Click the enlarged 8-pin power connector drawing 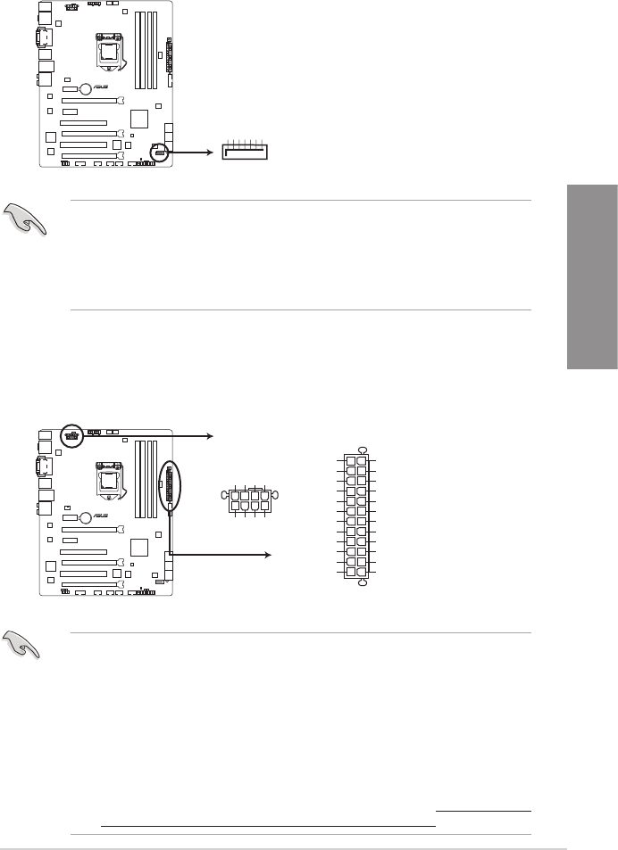pos(249,499)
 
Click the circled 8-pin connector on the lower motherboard pos(71,436)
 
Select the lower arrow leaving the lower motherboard pos(219,554)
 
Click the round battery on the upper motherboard pos(84,88)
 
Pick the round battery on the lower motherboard pos(84,516)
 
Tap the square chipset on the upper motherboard pos(140,119)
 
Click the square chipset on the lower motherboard pos(140,546)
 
